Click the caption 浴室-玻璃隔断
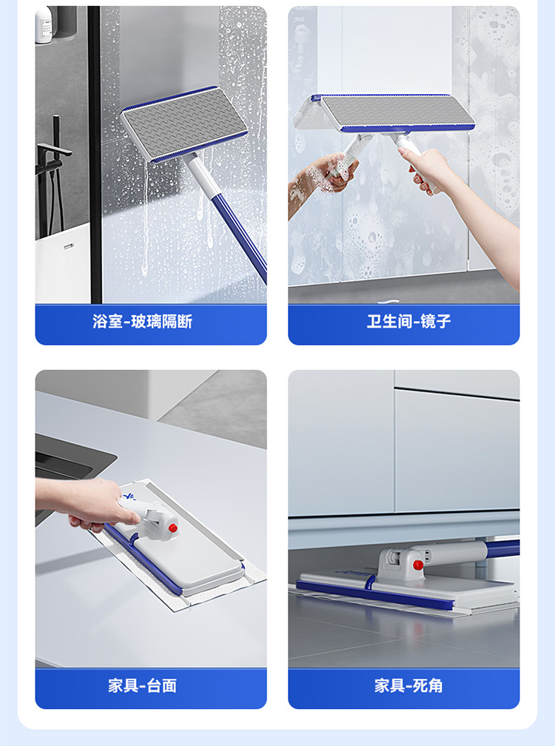[x=142, y=322]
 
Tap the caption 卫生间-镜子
[x=408, y=322]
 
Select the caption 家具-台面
[x=142, y=685]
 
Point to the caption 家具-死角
[x=408, y=685]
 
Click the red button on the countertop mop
[x=172, y=528]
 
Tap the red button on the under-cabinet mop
[x=418, y=565]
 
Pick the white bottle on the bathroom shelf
[x=43, y=24]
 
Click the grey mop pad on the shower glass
[x=184, y=123]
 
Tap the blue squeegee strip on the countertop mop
[x=142, y=559]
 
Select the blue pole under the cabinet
[x=502, y=548]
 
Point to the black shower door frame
[x=95, y=155]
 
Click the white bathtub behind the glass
[x=63, y=266]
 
